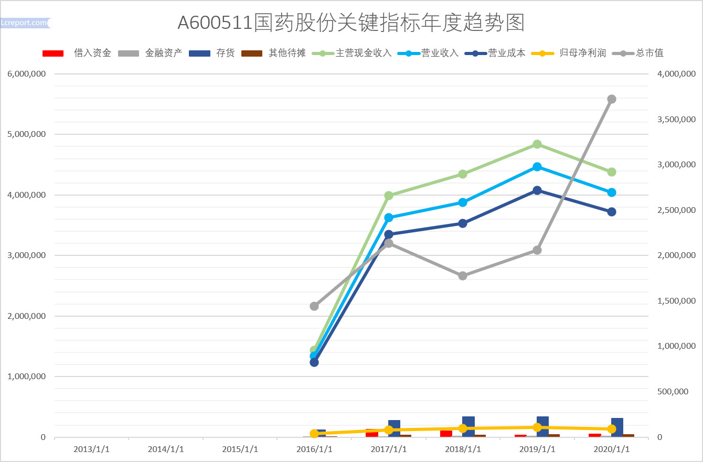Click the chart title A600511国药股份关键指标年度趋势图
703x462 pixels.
coord(351,22)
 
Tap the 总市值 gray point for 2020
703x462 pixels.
coord(611,99)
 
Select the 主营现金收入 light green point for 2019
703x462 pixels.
coord(537,144)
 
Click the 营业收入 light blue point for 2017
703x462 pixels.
coord(389,217)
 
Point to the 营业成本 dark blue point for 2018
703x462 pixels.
coord(463,223)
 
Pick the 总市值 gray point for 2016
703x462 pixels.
coord(314,306)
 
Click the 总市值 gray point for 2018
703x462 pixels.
coord(463,276)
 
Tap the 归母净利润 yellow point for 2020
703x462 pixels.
coord(611,429)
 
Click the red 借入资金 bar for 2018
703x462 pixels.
coord(446,433)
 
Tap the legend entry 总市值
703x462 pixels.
coord(649,53)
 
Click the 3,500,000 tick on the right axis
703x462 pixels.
coord(676,120)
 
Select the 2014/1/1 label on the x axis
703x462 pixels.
coord(166,449)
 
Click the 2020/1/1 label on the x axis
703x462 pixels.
coord(611,449)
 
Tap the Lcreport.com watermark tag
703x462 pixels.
coord(24,23)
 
